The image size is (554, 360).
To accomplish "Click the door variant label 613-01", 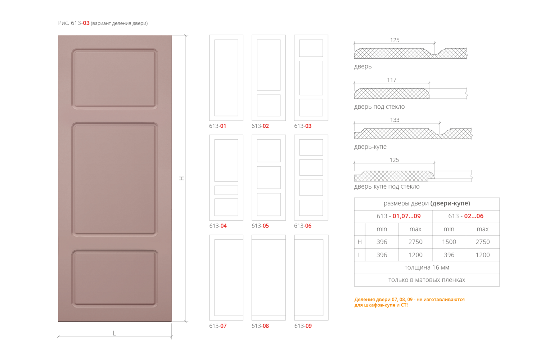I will point(217,126).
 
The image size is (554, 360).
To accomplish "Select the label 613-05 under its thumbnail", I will point(260,226).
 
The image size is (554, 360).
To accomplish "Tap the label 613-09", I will point(303,326).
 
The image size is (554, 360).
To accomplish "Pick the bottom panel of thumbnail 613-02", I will point(269,105).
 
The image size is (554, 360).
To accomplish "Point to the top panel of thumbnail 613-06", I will point(311,147).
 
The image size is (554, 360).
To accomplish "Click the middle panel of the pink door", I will point(115,179).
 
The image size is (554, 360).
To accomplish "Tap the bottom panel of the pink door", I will point(115,278).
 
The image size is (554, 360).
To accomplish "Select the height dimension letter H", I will point(182,178).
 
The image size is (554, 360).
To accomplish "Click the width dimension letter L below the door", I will point(114,333).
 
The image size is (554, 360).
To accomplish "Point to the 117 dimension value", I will point(392,80).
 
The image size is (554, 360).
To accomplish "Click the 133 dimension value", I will point(395,120).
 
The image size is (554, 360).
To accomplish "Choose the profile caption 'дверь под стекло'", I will point(379,107).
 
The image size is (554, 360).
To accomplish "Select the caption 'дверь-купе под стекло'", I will point(387,186).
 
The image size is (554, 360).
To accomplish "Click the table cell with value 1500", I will point(449,242).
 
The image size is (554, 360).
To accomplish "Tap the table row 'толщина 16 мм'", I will point(427,267).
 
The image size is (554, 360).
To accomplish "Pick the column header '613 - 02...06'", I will point(466,216).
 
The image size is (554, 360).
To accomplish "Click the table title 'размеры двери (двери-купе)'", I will point(427,203).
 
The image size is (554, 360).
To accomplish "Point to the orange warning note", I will point(409,302).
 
